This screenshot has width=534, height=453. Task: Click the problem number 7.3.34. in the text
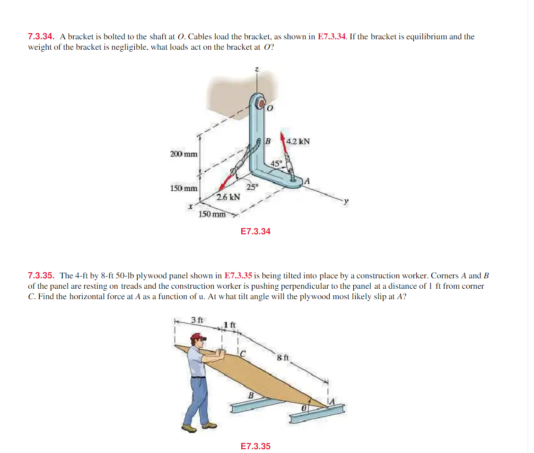41,36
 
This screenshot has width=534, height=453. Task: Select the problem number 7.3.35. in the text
41,275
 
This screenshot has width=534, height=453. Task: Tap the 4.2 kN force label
298,141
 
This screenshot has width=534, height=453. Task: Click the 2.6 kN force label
228,196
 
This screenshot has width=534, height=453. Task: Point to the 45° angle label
276,163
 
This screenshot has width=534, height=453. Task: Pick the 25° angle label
253,186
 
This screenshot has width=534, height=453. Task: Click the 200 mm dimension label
184,154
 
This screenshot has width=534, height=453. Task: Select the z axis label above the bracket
257,70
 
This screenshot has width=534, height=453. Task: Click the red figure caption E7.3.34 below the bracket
255,231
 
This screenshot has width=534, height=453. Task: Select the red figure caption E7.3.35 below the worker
255,446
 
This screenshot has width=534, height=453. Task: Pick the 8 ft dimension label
283,357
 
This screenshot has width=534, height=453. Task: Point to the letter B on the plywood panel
251,395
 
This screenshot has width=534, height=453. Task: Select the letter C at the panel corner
242,352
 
